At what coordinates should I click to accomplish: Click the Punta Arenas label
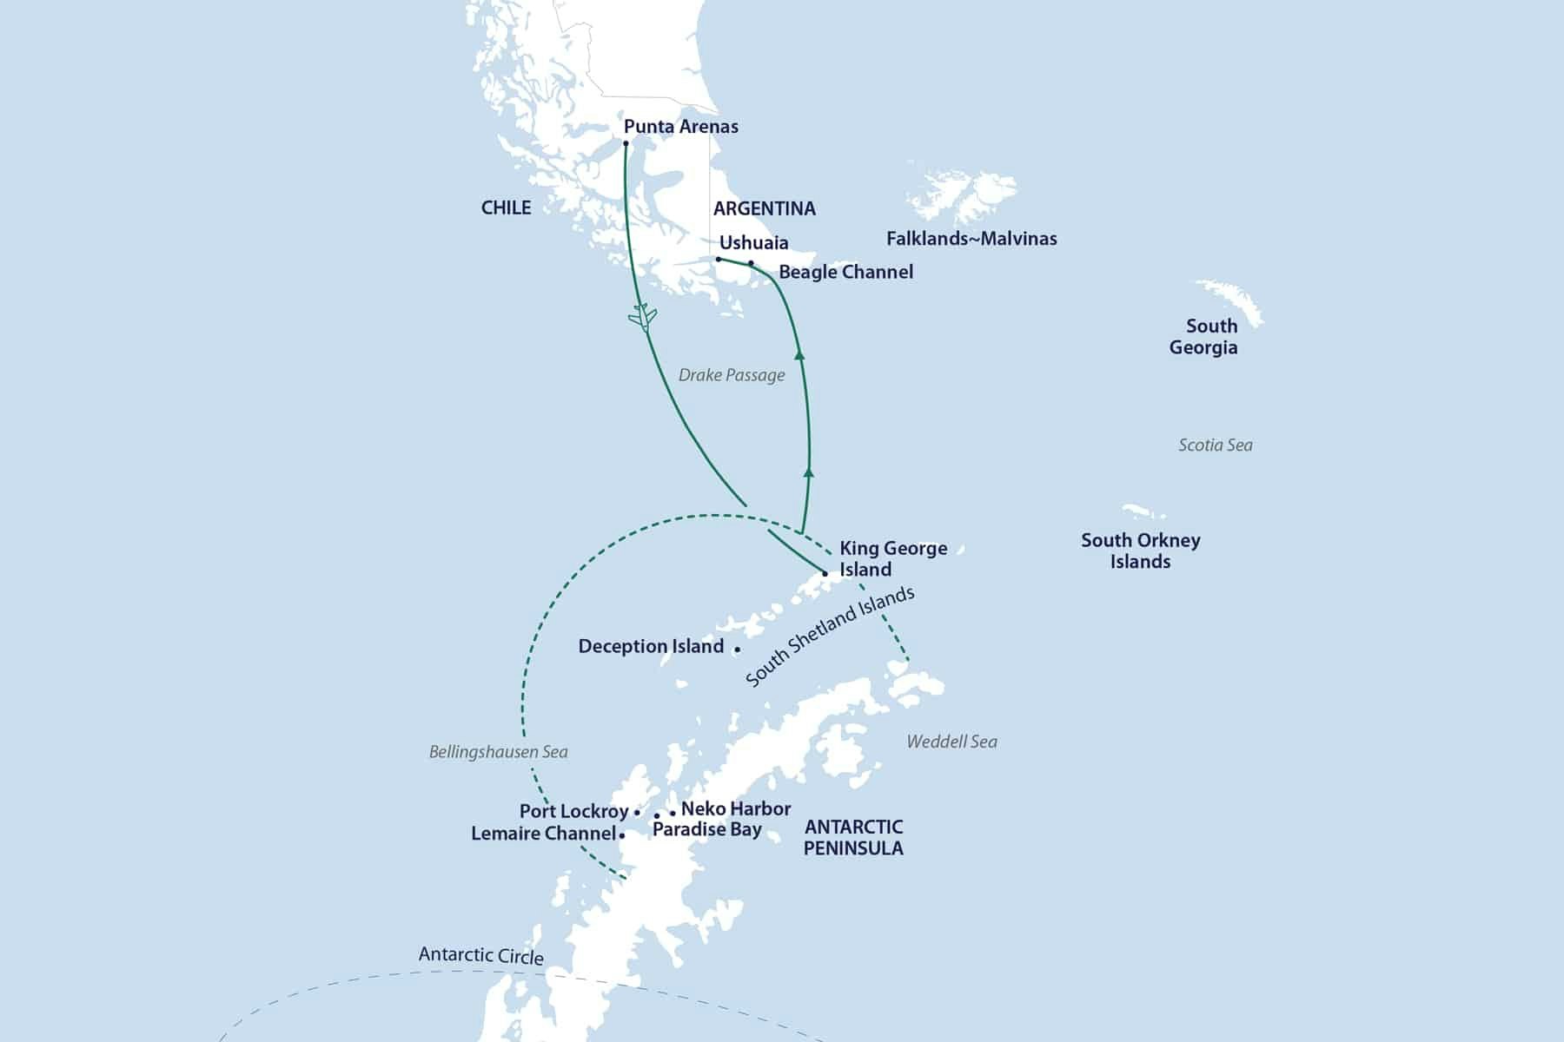pyautogui.click(x=681, y=127)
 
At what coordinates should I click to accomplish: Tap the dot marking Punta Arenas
pyautogui.click(x=626, y=143)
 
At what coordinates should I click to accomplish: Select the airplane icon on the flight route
pyautogui.click(x=642, y=318)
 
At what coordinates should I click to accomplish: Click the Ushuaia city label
pyautogui.click(x=753, y=243)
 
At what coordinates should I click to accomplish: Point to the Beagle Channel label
pyautogui.click(x=845, y=272)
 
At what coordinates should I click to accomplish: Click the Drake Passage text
pyautogui.click(x=732, y=375)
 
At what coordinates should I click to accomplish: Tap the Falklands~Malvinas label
pyautogui.click(x=971, y=239)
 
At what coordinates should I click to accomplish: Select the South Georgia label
pyautogui.click(x=1205, y=337)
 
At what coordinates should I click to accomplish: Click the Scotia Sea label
pyautogui.click(x=1215, y=445)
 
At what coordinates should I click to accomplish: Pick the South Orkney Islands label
pyautogui.click(x=1140, y=551)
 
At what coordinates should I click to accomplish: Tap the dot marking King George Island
pyautogui.click(x=825, y=574)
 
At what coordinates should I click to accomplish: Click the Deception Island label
pyautogui.click(x=651, y=647)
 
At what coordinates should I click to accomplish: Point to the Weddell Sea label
pyautogui.click(x=951, y=742)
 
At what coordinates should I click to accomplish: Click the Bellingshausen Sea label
pyautogui.click(x=498, y=752)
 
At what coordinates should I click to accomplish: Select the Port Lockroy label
pyautogui.click(x=573, y=812)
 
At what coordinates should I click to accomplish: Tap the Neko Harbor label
pyautogui.click(x=736, y=809)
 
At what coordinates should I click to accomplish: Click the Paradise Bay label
pyautogui.click(x=706, y=830)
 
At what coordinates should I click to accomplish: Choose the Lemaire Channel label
pyautogui.click(x=543, y=834)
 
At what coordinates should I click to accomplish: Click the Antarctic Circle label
pyautogui.click(x=480, y=956)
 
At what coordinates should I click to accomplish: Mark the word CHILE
pyautogui.click(x=506, y=208)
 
